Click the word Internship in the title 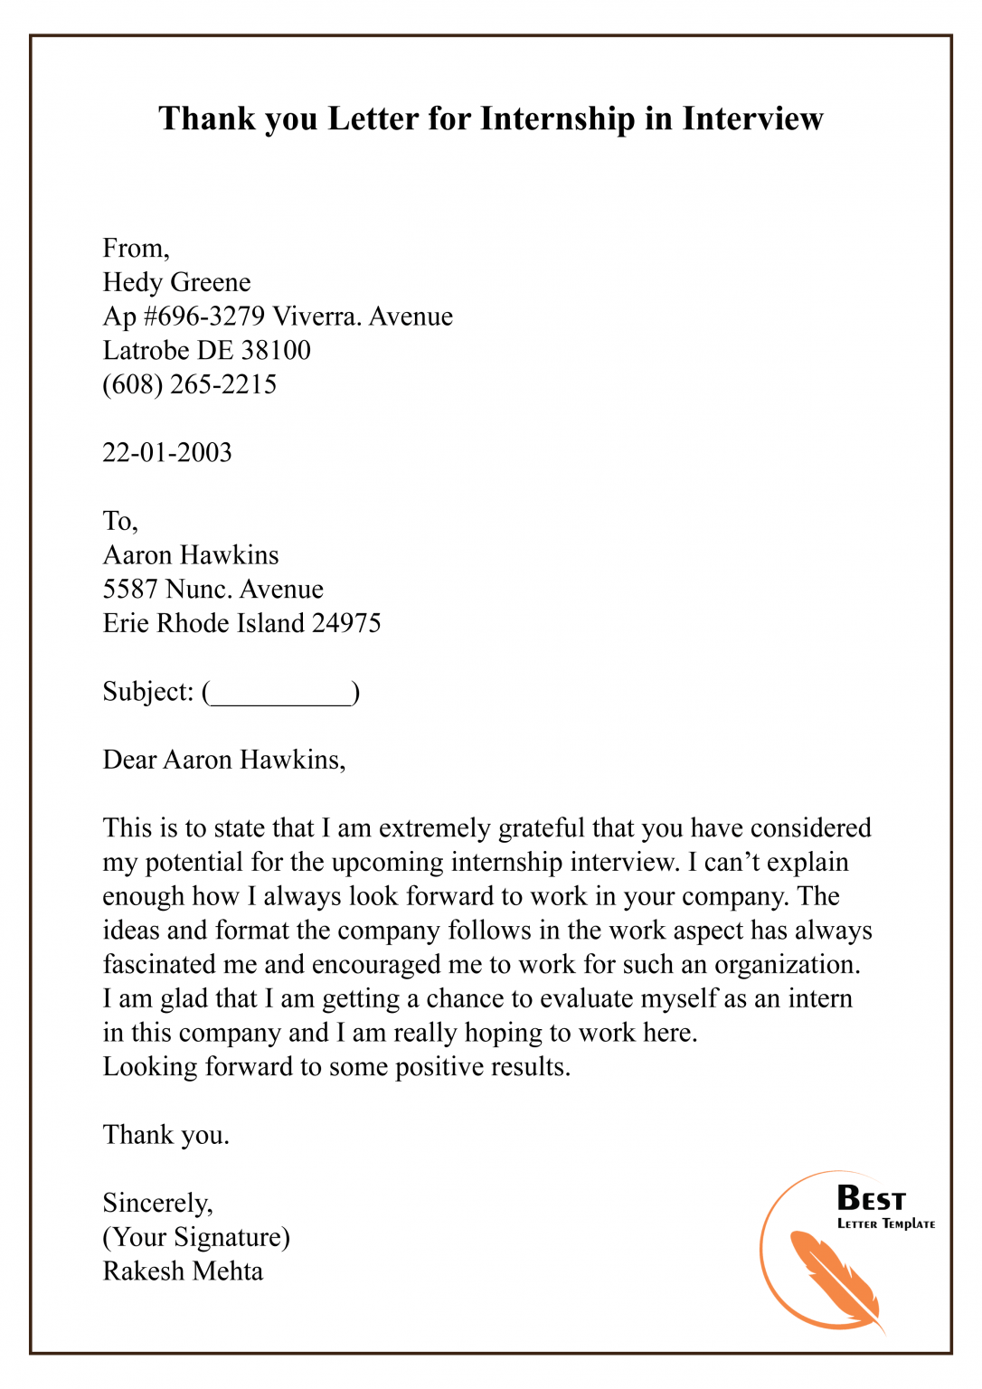pyautogui.click(x=557, y=118)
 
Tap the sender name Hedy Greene pyautogui.click(x=176, y=282)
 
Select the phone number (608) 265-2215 pyautogui.click(x=189, y=384)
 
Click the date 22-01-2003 pyautogui.click(x=167, y=452)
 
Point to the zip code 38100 pyautogui.click(x=276, y=351)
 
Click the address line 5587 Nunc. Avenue pyautogui.click(x=212, y=590)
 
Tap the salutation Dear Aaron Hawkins pyautogui.click(x=223, y=760)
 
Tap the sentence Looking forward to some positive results pyautogui.click(x=336, y=1067)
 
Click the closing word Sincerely pyautogui.click(x=157, y=1204)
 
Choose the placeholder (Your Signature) pyautogui.click(x=196, y=1237)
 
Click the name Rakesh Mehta pyautogui.click(x=183, y=1271)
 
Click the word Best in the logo pyautogui.click(x=871, y=1198)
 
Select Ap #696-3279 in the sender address pyautogui.click(x=184, y=317)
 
